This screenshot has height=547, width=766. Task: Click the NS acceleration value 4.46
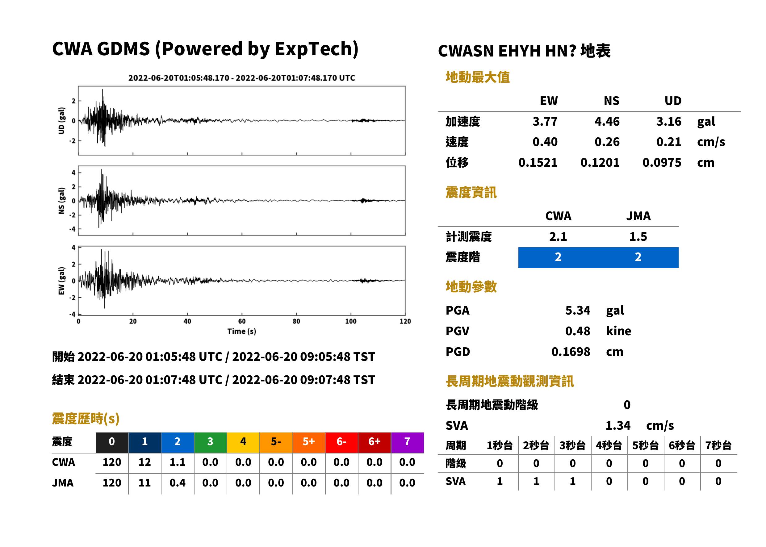click(x=607, y=121)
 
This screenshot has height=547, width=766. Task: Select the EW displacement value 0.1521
click(x=538, y=163)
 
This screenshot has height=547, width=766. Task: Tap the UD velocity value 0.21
click(x=669, y=142)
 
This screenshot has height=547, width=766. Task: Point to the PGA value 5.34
click(x=578, y=310)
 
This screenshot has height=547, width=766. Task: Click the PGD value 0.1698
click(x=571, y=352)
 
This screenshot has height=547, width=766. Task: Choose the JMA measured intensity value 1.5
click(x=638, y=236)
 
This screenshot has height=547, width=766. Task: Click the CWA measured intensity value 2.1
click(x=558, y=236)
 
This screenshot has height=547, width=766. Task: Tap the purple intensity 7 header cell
click(x=407, y=442)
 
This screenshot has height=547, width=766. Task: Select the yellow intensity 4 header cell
click(x=243, y=442)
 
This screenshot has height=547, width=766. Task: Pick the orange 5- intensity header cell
click(x=276, y=442)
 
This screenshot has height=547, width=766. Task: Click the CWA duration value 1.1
click(x=178, y=462)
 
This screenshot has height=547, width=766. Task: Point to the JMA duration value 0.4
click(x=178, y=483)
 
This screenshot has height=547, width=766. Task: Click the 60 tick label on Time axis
click(x=242, y=321)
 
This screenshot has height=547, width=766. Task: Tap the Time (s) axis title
click(x=241, y=332)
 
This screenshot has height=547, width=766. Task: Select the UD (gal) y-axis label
click(x=61, y=121)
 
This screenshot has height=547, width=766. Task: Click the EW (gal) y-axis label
click(x=61, y=281)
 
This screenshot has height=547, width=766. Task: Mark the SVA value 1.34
click(x=618, y=426)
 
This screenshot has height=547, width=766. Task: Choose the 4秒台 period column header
click(x=609, y=446)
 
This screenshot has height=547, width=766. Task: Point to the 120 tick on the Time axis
click(x=405, y=321)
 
